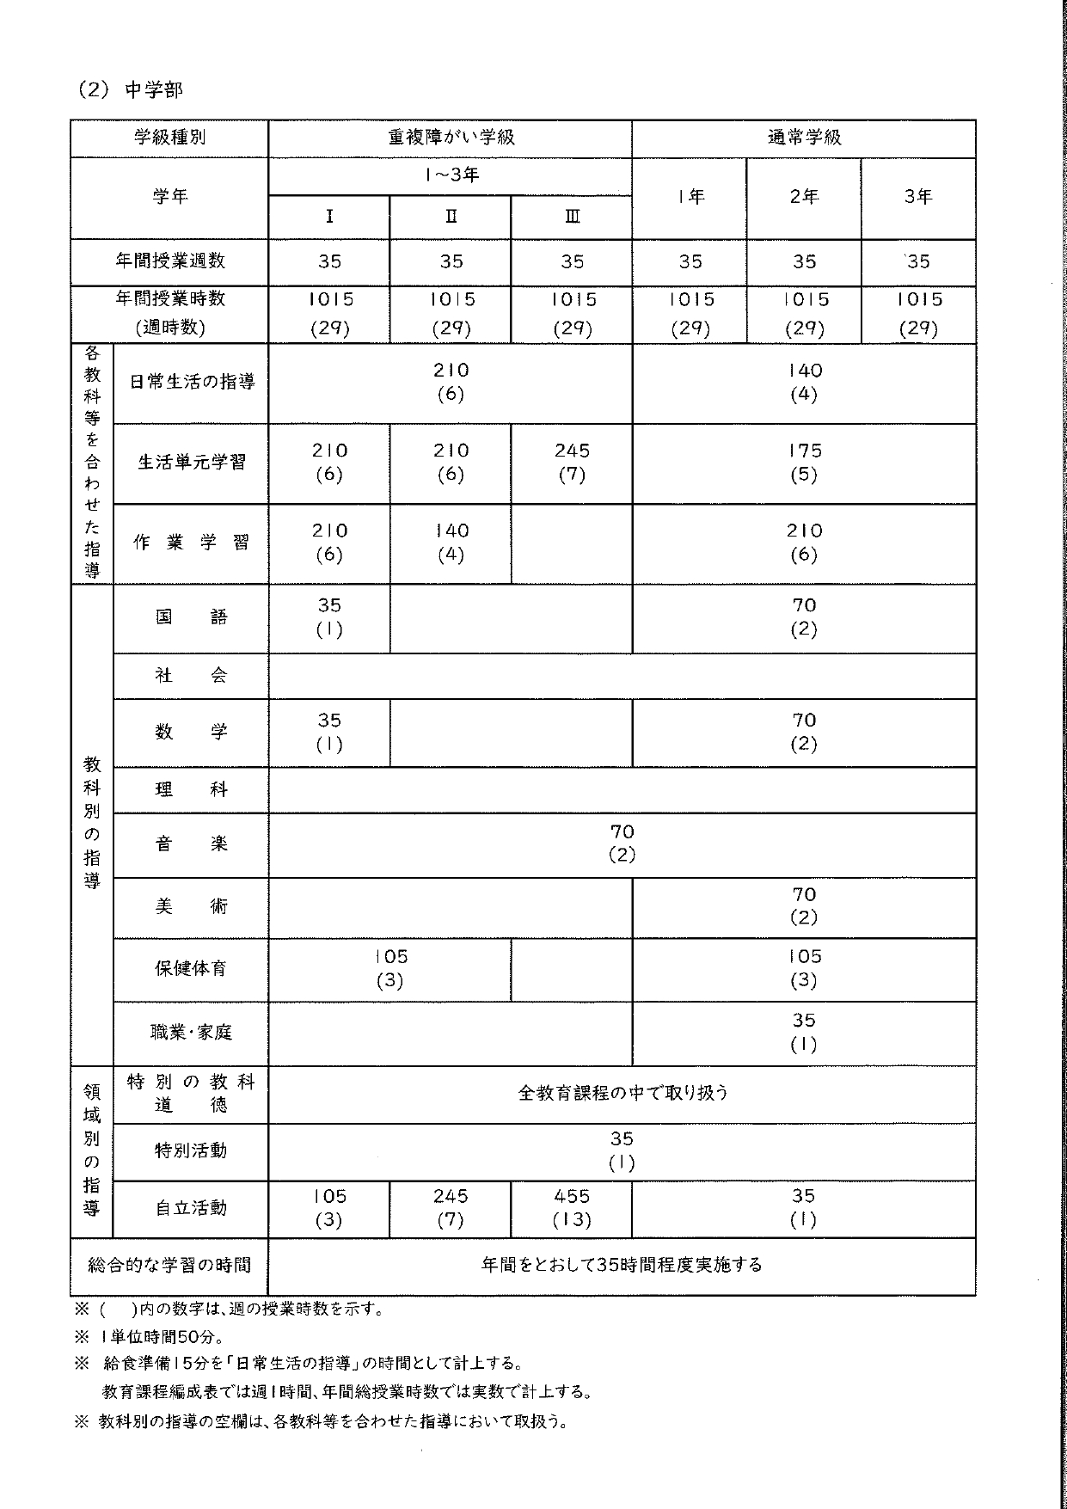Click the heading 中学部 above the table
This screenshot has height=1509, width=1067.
click(x=153, y=90)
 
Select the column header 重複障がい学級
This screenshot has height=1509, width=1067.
click(x=451, y=138)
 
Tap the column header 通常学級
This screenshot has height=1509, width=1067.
click(x=804, y=138)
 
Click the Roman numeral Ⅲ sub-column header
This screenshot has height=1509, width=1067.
click(x=572, y=218)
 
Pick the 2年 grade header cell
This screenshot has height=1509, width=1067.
click(x=804, y=197)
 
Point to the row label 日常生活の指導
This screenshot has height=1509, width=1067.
click(x=192, y=383)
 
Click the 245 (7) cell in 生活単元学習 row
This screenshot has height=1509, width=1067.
click(x=572, y=463)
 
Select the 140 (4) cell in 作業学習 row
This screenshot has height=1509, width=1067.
click(x=451, y=543)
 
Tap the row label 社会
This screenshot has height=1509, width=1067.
click(x=191, y=676)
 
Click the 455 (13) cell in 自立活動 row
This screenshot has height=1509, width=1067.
click(x=572, y=1208)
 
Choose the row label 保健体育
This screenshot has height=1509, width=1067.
click(x=191, y=969)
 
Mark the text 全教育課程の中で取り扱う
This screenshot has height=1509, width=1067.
click(x=622, y=1093)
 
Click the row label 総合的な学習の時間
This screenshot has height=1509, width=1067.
click(x=169, y=1265)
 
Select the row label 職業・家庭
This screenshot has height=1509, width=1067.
click(x=191, y=1033)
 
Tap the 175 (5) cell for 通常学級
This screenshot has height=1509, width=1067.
click(x=804, y=463)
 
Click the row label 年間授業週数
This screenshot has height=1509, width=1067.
click(x=169, y=261)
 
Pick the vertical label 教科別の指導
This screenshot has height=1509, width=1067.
click(x=92, y=823)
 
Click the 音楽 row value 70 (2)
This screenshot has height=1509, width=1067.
click(x=622, y=843)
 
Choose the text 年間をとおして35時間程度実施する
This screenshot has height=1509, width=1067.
click(x=622, y=1265)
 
